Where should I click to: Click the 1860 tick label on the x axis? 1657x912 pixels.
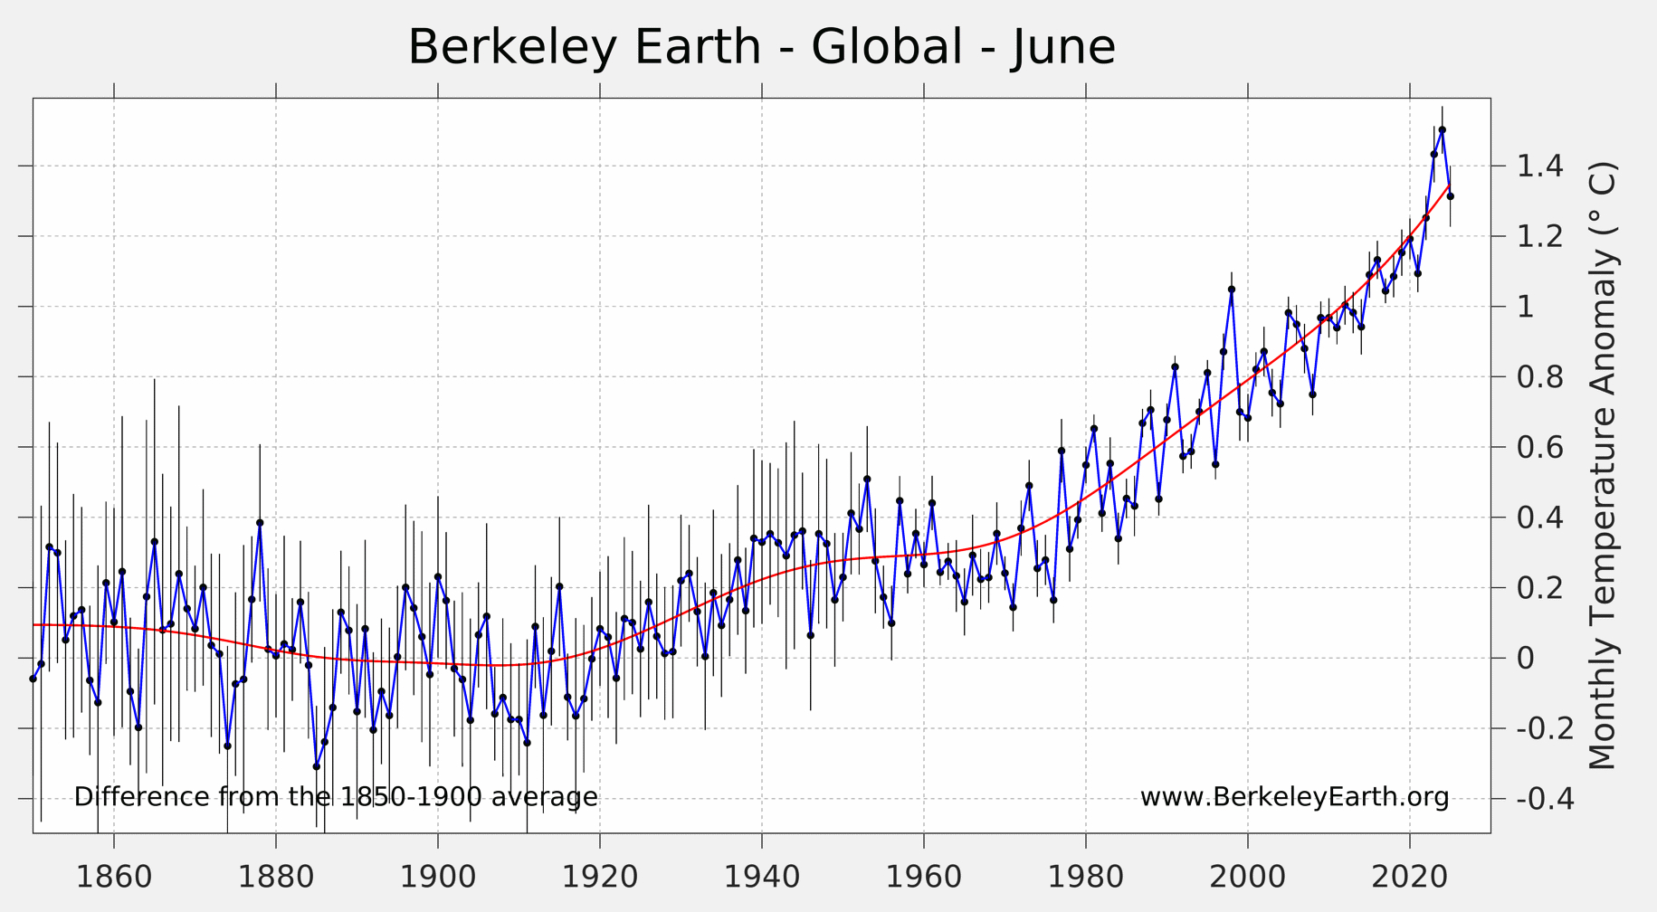point(114,878)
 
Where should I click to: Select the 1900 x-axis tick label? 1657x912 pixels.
point(438,878)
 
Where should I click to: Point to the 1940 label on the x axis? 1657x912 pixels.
point(762,878)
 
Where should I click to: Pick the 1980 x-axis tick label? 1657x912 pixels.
point(1086,878)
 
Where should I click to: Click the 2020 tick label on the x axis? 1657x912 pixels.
point(1410,878)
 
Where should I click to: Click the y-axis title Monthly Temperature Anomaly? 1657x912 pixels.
point(1602,466)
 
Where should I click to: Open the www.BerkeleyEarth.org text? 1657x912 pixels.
point(1294,797)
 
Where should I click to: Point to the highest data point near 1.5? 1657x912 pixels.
point(1443,129)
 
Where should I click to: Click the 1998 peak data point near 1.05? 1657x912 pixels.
point(1232,290)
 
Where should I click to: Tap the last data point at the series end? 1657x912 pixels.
point(1451,196)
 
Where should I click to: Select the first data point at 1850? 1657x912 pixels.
point(33,679)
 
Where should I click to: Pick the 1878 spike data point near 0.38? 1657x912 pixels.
point(260,523)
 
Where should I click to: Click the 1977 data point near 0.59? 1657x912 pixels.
point(1062,451)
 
